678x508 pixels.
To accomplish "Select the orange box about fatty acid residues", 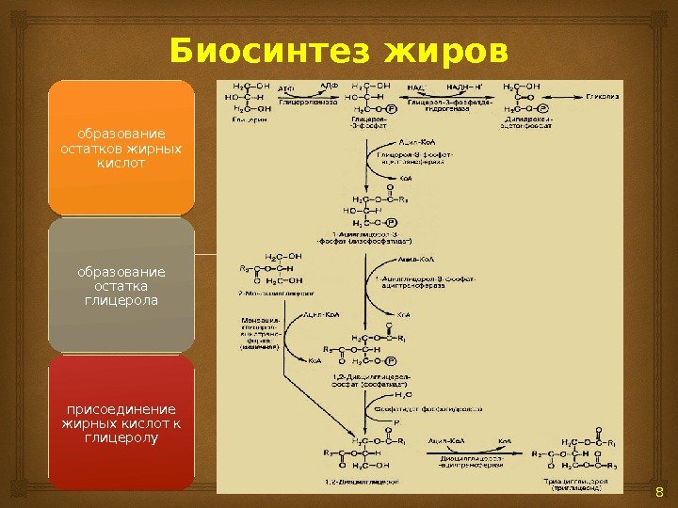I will [121, 148].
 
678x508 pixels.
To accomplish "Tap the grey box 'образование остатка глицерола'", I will [121, 286].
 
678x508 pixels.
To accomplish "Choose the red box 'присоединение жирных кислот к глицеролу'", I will [121, 423].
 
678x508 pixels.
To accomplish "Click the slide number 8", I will [658, 495].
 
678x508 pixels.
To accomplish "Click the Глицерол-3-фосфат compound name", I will [365, 123].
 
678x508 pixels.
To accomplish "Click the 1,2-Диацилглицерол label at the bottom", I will [367, 481].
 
